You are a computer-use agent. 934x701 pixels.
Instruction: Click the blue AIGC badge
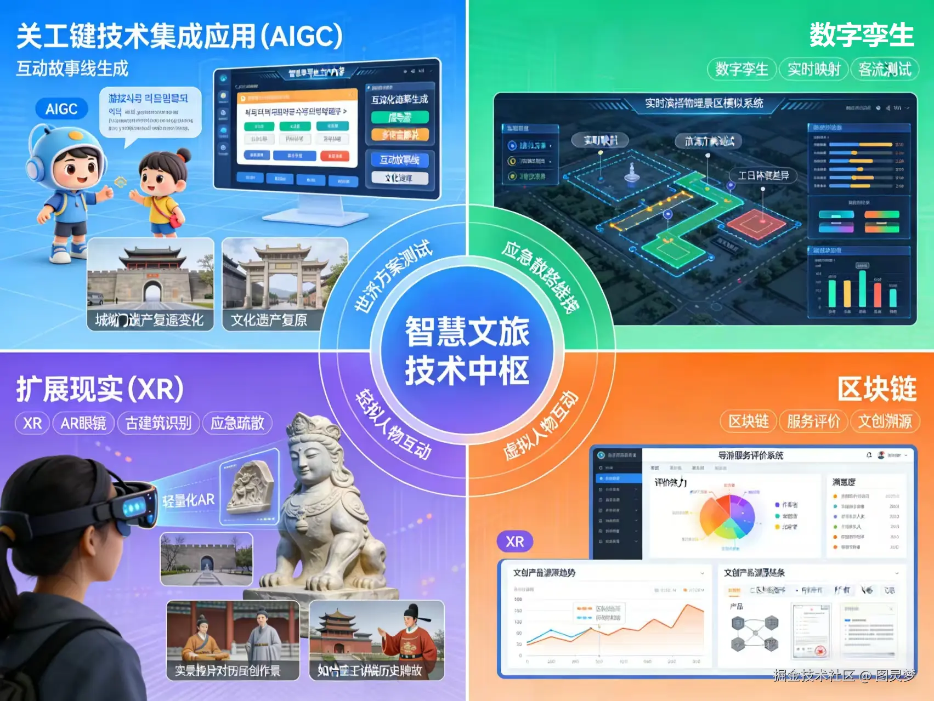61,109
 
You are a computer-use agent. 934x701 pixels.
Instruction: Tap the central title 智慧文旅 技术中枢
467,351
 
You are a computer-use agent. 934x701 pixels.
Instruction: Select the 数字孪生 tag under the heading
741,70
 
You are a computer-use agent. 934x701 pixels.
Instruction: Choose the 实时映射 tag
814,70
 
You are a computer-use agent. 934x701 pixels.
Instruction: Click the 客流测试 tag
884,70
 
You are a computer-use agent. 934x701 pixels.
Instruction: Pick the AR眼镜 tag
83,423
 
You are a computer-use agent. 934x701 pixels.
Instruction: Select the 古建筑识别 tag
159,423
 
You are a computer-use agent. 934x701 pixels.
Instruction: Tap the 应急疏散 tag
237,423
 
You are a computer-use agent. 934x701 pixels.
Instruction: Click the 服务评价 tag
813,421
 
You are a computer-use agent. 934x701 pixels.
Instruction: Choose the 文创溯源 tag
885,421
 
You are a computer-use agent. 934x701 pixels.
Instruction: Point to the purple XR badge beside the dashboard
514,542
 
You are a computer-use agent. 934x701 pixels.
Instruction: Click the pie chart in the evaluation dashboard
727,517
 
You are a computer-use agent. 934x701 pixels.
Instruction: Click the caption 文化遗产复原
269,320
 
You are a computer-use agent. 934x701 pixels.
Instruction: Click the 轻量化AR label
189,500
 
